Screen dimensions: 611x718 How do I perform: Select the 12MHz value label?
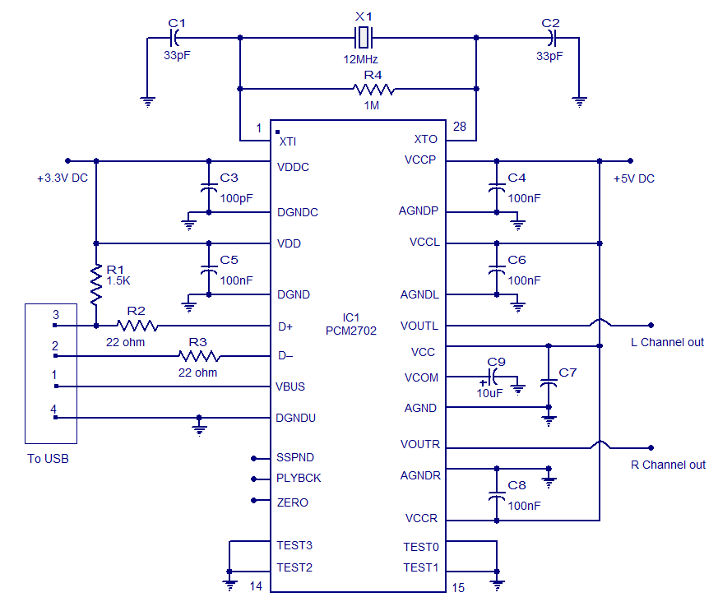click(x=360, y=60)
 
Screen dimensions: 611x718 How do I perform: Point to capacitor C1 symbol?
click(x=174, y=38)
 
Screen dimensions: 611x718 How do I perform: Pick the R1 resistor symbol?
click(x=96, y=285)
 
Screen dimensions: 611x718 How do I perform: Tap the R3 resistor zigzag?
click(x=199, y=356)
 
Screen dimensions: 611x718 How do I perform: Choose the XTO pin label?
click(x=425, y=140)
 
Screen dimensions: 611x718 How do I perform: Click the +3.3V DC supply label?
click(x=63, y=178)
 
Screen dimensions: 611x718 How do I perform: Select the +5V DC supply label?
click(x=634, y=178)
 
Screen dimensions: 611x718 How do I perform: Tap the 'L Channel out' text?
click(x=667, y=342)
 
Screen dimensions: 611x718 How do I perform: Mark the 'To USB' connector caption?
click(x=48, y=459)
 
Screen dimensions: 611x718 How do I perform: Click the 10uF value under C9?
click(x=489, y=393)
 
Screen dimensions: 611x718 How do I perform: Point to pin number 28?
click(x=461, y=127)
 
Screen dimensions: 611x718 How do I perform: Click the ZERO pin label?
click(x=293, y=502)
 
